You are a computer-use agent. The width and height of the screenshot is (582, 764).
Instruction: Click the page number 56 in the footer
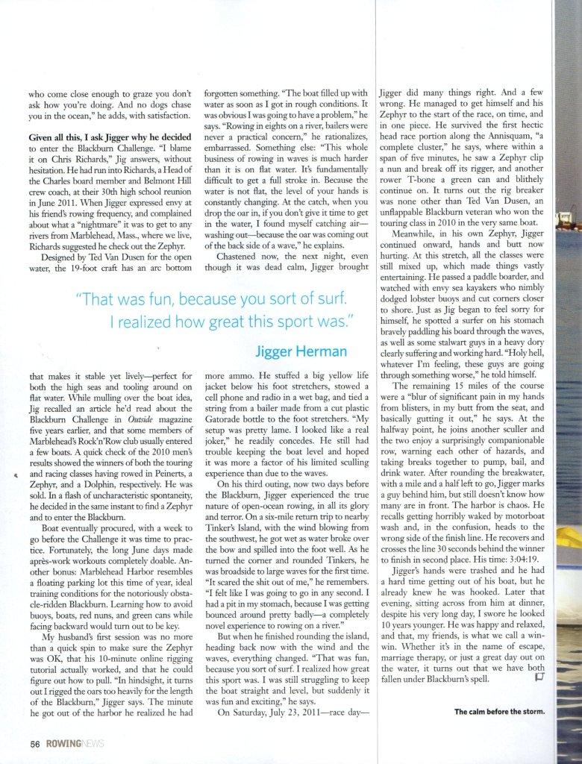pyautogui.click(x=34, y=743)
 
